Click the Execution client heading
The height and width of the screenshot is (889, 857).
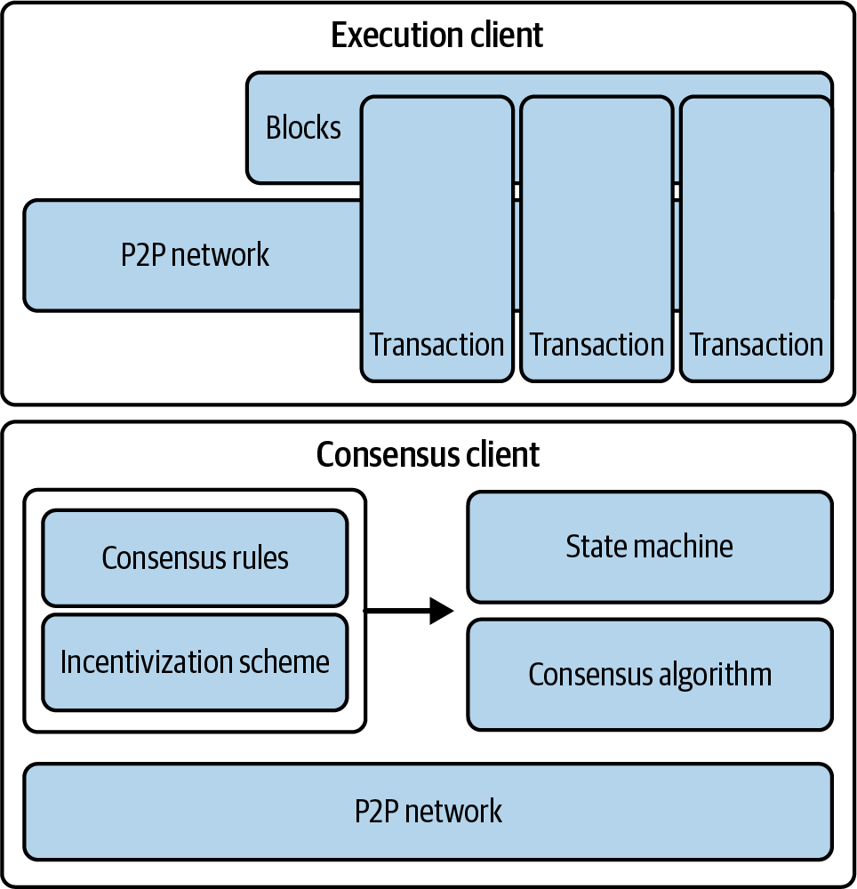437,36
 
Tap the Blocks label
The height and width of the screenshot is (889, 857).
303,128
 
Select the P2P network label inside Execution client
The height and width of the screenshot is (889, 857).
195,255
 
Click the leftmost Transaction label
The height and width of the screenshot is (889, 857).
437,344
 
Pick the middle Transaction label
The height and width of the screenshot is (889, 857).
597,344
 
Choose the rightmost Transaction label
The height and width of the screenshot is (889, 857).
757,344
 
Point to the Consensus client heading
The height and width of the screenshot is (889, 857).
428,454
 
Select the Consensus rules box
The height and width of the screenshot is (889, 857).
195,557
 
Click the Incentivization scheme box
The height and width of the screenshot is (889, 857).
195,662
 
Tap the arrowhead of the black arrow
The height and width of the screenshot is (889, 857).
442,611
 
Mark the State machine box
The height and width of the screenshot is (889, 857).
650,547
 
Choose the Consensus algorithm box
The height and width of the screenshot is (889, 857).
650,675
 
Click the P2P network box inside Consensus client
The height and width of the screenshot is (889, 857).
428,811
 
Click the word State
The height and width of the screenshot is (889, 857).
595,546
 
